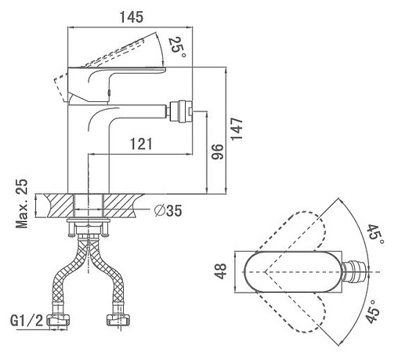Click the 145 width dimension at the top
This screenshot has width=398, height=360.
[x=132, y=17]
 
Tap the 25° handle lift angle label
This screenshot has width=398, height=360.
[x=178, y=47]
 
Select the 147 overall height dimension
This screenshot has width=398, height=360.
[x=237, y=129]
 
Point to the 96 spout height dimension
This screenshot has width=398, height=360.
[x=218, y=151]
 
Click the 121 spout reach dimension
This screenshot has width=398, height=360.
[x=141, y=144]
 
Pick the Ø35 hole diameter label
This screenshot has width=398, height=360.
[x=168, y=211]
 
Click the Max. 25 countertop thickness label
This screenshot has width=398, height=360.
[x=21, y=204]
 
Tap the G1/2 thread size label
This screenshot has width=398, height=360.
[x=27, y=321]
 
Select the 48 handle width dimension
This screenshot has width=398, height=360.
[x=220, y=271]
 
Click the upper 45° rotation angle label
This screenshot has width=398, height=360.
[x=375, y=235]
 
